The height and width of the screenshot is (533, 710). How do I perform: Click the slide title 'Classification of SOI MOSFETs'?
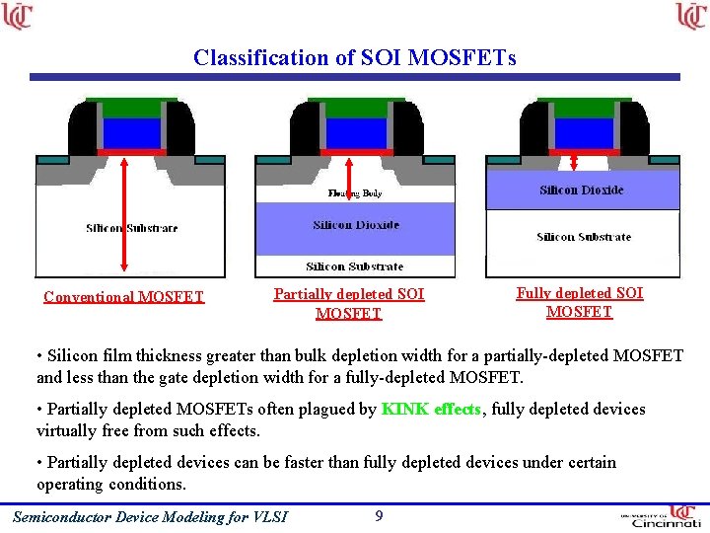(354, 57)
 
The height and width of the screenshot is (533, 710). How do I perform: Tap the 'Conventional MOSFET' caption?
(124, 296)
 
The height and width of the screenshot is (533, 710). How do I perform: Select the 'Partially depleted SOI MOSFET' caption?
(349, 303)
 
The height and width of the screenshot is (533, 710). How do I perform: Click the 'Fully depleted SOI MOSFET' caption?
(580, 302)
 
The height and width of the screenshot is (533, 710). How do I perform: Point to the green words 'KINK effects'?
(432, 409)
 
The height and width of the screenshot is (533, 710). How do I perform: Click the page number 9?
(379, 515)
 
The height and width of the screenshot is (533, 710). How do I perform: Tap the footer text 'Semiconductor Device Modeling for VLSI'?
(150, 516)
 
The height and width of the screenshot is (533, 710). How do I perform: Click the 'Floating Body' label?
(355, 193)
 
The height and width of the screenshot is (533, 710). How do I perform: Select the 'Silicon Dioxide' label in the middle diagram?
(356, 225)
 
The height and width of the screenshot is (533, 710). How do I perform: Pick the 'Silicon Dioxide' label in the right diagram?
(582, 190)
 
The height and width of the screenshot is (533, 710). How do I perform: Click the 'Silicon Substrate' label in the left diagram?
(132, 228)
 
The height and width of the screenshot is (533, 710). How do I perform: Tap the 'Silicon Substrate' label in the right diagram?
(584, 237)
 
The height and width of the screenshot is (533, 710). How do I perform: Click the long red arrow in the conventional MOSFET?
(124, 212)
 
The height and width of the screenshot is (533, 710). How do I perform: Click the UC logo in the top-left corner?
(18, 17)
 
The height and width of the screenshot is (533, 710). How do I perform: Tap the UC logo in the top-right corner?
(691, 17)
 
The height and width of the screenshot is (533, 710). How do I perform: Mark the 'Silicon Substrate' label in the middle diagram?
(355, 266)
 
